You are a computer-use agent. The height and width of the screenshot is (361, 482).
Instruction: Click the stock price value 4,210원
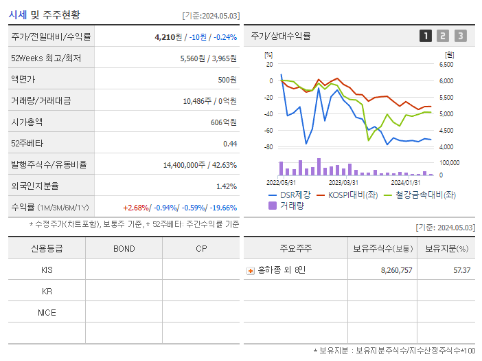click(x=168, y=37)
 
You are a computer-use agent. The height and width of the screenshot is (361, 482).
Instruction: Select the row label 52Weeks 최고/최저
click(x=46, y=58)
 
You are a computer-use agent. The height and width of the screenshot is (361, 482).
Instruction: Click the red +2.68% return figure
click(x=136, y=208)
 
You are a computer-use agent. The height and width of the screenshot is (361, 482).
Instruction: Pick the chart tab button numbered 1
click(x=426, y=36)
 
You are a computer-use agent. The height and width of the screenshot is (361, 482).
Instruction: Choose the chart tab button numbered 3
click(x=460, y=36)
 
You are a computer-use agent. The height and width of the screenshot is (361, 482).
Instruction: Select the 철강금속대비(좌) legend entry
click(x=423, y=195)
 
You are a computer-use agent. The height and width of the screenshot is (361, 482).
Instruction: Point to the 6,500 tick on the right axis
click(x=446, y=64)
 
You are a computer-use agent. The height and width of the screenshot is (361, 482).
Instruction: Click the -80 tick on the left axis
click(x=268, y=147)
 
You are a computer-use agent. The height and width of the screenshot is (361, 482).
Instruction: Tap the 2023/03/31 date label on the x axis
click(x=343, y=182)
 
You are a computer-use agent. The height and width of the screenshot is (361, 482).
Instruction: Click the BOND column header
click(x=124, y=248)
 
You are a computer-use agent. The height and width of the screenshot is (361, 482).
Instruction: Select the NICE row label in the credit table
click(x=47, y=312)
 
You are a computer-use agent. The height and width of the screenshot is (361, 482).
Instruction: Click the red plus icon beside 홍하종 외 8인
click(x=251, y=270)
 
